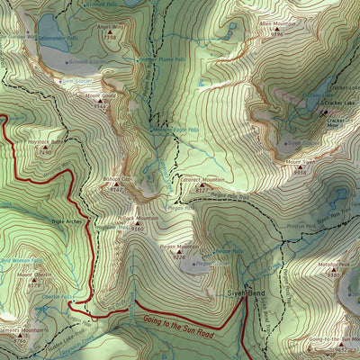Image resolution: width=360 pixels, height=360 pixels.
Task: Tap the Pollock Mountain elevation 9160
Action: point(137,229)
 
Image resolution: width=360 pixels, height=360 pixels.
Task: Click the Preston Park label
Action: point(297,227)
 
